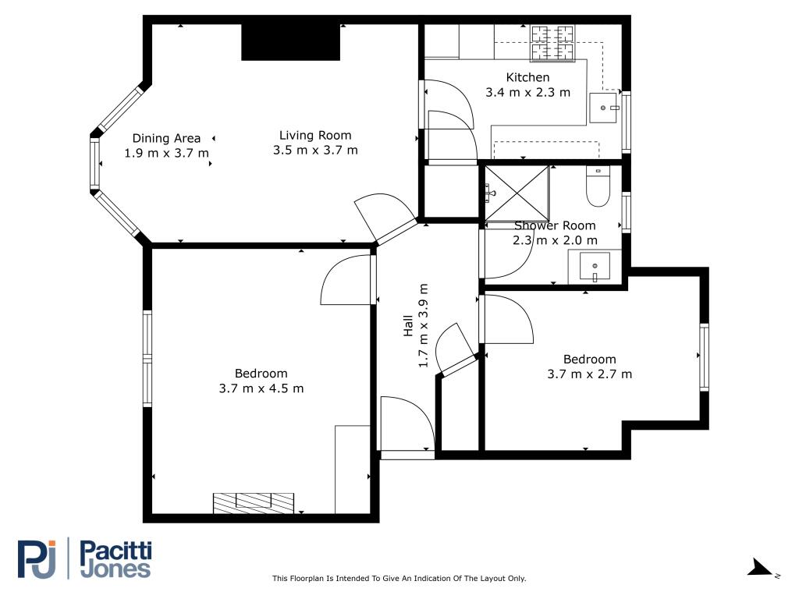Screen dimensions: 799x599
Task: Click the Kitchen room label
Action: (x=527, y=77)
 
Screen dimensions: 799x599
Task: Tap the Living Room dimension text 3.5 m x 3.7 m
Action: (x=315, y=151)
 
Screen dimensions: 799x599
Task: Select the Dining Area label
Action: (x=166, y=138)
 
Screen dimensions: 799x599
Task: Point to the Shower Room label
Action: (x=555, y=225)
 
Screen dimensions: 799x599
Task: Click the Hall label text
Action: (x=407, y=325)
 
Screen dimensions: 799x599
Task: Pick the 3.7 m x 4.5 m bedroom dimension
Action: (x=261, y=388)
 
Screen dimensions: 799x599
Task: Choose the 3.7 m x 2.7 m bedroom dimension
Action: (x=590, y=374)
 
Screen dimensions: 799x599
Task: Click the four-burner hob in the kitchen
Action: (x=553, y=44)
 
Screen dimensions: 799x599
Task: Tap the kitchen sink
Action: (x=603, y=108)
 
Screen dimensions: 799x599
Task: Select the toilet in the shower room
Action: (x=598, y=186)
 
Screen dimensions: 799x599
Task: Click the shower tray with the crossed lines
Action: (x=517, y=193)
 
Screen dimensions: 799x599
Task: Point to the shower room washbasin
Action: (x=595, y=267)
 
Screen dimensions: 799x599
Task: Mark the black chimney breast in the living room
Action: (x=290, y=42)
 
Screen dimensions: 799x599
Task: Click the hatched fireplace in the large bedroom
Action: (x=254, y=503)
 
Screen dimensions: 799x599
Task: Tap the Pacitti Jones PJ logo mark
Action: (x=37, y=558)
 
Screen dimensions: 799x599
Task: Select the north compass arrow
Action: (x=760, y=568)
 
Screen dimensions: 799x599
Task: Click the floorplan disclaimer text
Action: (x=399, y=578)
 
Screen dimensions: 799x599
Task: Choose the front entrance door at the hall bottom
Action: (x=407, y=424)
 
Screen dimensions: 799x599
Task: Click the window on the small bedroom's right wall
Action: (x=705, y=357)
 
